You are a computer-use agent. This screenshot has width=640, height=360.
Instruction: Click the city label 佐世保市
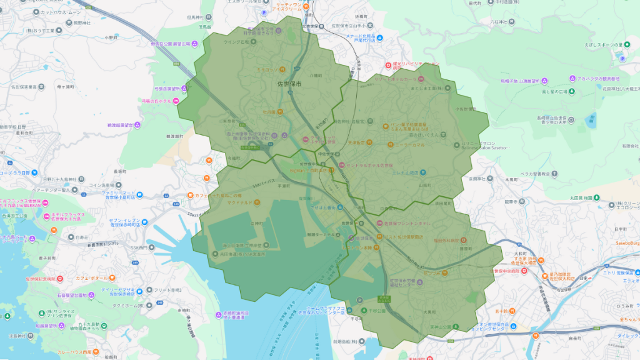[289, 83]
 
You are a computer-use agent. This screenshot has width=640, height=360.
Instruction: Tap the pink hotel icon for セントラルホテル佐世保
[342, 165]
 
